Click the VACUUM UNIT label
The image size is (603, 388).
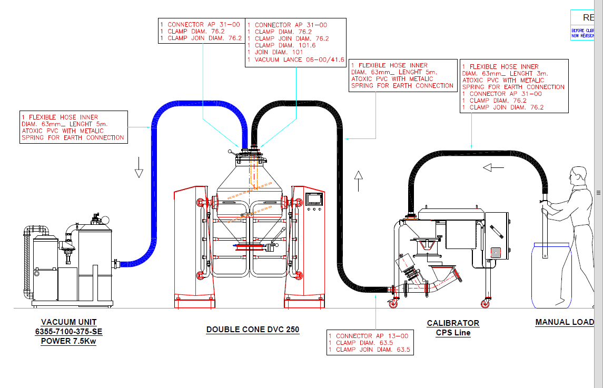(x=68, y=322)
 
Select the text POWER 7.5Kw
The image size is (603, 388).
(x=68, y=341)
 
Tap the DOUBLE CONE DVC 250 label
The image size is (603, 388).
(x=252, y=330)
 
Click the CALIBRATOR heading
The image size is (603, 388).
(x=453, y=323)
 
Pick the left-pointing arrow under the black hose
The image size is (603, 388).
(x=494, y=167)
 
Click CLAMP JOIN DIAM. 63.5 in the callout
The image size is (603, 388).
(x=369, y=350)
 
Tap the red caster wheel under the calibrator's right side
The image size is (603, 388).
(x=485, y=304)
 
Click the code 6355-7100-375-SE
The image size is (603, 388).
(x=68, y=331)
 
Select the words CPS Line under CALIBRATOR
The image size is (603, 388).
(x=453, y=333)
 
